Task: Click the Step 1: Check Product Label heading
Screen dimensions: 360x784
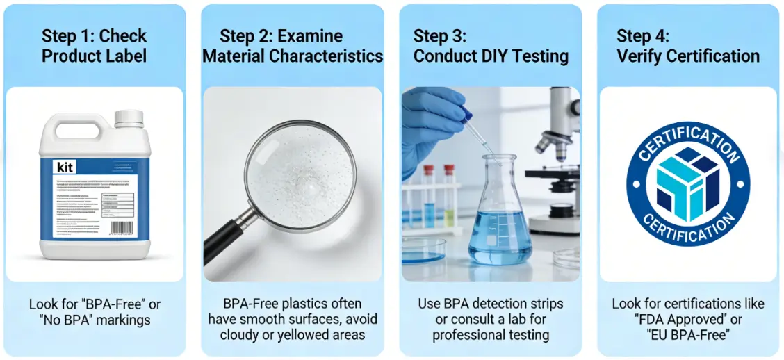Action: [x=94, y=46]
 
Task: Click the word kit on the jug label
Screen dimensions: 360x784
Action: [x=63, y=167]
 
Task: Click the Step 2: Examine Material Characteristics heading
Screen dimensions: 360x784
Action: [x=293, y=46]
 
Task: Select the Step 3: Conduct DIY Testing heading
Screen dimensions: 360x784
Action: [x=491, y=46]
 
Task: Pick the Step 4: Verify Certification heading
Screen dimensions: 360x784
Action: [x=687, y=46]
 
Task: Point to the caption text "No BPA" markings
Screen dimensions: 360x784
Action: [x=94, y=320]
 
